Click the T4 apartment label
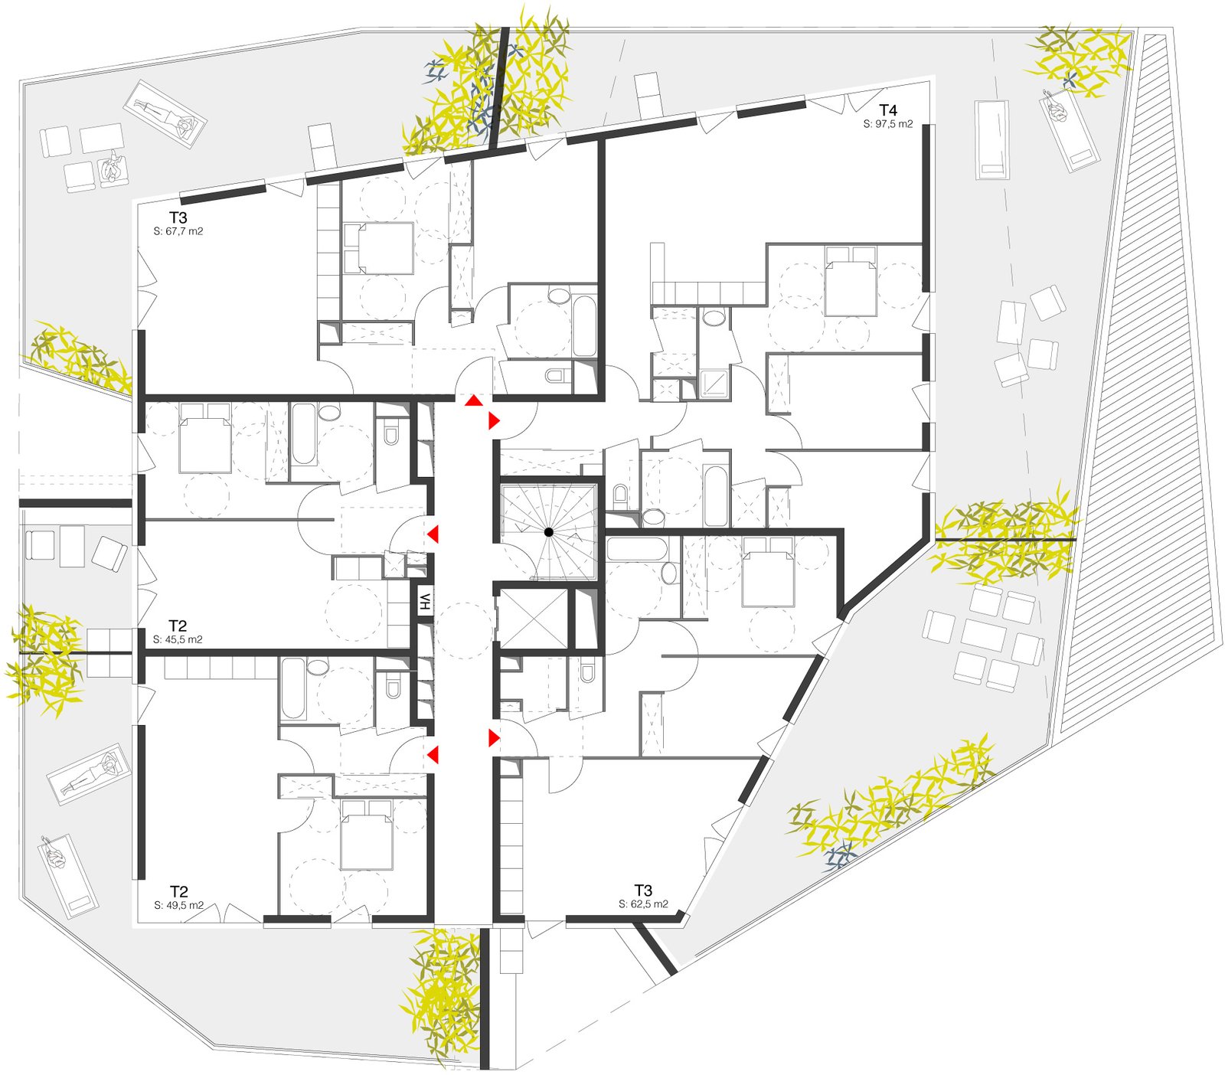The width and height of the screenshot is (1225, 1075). pos(887,110)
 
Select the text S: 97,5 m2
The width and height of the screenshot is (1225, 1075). pos(888,124)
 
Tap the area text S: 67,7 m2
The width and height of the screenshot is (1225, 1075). pos(178,231)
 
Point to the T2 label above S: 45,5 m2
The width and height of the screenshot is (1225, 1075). pos(178,626)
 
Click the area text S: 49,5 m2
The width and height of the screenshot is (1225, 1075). pos(178,905)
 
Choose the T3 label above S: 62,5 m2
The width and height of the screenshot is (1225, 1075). pos(643,890)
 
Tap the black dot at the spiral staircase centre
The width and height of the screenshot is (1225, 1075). pos(549,532)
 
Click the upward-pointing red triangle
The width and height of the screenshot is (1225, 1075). pos(474,401)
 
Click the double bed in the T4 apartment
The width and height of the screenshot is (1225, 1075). pos(850,281)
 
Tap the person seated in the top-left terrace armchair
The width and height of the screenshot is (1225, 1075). pos(113,169)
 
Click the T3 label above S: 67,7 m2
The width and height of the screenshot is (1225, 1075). pos(178,217)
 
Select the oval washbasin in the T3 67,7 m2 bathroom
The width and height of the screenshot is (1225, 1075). pos(559,296)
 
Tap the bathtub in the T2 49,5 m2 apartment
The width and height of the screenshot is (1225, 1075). pos(292,688)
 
